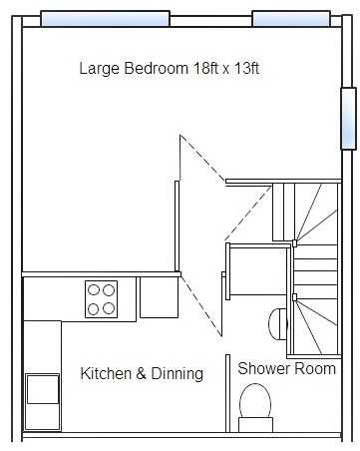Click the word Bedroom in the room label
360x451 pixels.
156,68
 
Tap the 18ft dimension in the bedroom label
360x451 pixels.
205,68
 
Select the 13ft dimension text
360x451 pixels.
246,68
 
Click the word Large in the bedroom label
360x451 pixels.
99,69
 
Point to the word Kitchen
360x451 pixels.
106,373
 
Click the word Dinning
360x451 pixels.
177,374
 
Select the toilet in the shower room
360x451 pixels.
255,407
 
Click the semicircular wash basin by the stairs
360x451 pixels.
277,324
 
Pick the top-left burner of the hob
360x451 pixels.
94,290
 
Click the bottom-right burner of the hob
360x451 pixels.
109,308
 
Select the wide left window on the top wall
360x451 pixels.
105,19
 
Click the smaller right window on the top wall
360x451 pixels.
291,19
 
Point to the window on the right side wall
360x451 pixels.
348,119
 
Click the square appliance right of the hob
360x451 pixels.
160,297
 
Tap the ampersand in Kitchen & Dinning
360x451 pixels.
142,373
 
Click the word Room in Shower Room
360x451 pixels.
315,368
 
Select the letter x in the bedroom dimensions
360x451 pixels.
226,70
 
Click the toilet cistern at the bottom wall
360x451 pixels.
255,425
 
